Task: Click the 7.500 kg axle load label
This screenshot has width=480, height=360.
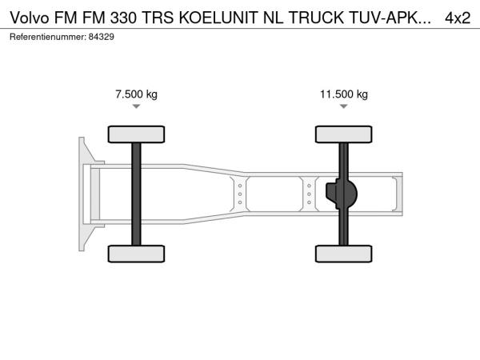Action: (x=136, y=94)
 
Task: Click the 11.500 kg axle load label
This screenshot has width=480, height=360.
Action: (x=344, y=94)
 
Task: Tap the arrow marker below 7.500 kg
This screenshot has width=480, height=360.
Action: (x=136, y=106)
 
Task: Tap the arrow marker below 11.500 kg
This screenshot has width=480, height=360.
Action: (x=344, y=106)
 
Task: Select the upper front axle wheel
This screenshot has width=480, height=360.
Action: (x=136, y=134)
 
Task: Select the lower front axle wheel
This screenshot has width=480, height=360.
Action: (x=136, y=254)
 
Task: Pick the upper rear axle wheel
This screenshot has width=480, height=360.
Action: (x=344, y=134)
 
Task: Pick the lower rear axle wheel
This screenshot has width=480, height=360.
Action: (x=344, y=254)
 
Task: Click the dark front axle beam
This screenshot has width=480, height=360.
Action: (x=136, y=194)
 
